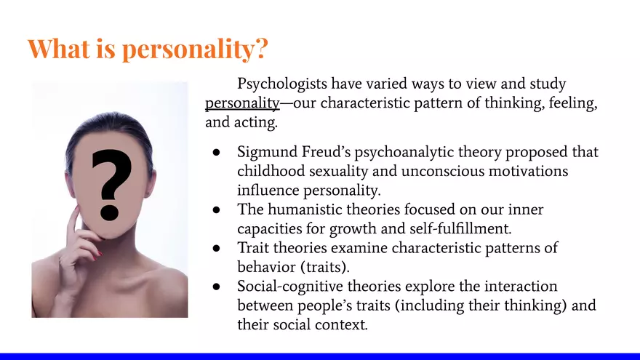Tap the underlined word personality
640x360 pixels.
tap(242, 103)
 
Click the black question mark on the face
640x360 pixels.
tap(111, 183)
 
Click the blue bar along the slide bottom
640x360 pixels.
tap(320, 356)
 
